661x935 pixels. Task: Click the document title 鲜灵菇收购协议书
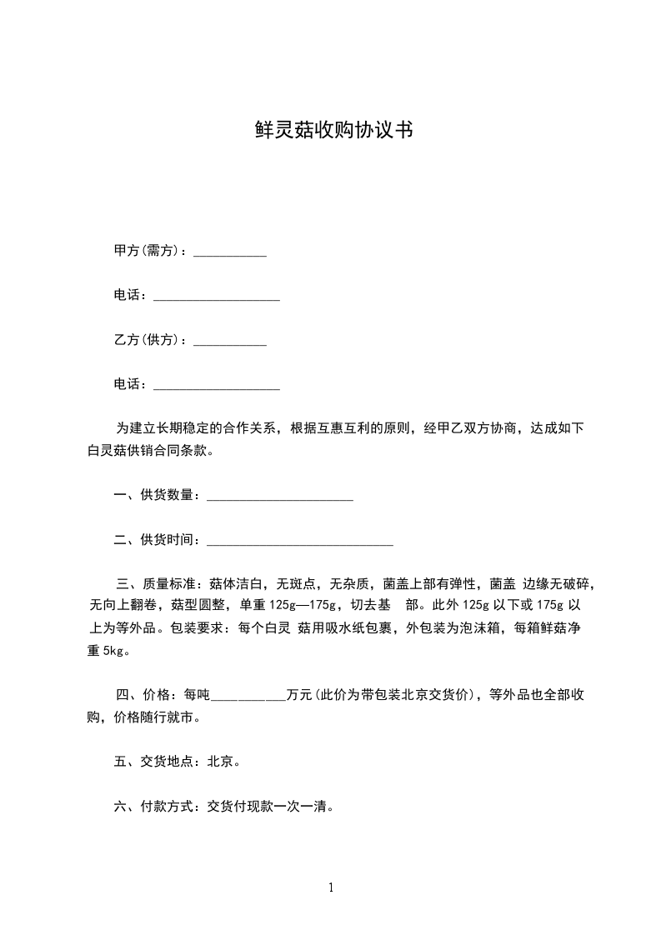[333, 130]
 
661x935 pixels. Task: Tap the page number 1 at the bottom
[331, 887]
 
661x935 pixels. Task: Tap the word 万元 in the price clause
[298, 694]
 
